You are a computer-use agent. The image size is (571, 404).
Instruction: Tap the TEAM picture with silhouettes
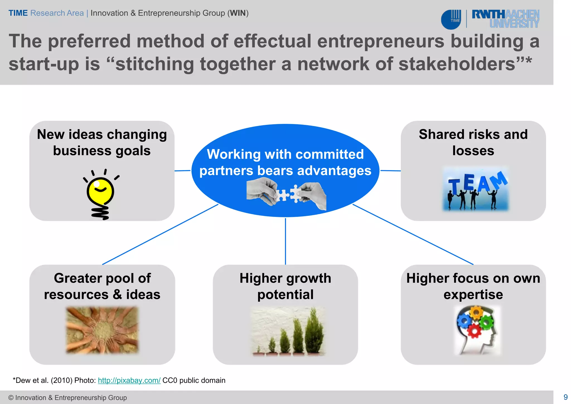(x=476, y=189)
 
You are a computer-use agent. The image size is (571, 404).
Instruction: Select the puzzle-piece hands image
(x=286, y=194)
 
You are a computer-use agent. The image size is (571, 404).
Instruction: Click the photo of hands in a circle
(x=102, y=330)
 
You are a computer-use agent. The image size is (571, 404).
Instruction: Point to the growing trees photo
(x=288, y=332)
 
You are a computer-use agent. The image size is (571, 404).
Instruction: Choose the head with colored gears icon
(x=477, y=330)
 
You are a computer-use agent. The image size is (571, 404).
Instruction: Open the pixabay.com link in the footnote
(x=129, y=380)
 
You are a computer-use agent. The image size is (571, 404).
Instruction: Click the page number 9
(x=565, y=397)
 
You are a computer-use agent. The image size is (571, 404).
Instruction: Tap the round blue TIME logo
(x=451, y=20)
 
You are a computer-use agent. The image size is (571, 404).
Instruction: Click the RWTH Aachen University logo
(x=505, y=19)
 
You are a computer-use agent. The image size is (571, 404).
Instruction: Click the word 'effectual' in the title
(x=272, y=41)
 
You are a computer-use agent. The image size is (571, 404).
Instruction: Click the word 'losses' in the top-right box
(x=473, y=151)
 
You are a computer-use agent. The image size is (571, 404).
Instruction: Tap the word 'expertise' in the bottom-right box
(x=473, y=295)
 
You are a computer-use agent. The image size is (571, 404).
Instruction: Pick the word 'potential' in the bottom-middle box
(x=285, y=295)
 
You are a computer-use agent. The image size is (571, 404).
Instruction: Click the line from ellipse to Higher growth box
(x=285, y=241)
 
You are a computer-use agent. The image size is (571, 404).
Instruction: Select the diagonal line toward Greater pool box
(x=160, y=234)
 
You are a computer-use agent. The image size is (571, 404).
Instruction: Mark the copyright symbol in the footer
(x=11, y=398)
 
